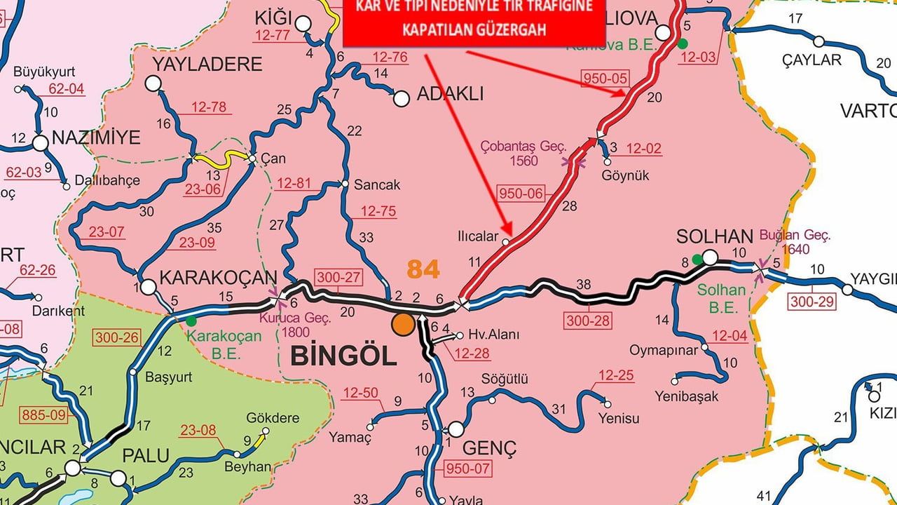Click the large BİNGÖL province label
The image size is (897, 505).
(343, 356)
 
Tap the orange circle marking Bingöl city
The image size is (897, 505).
(403, 325)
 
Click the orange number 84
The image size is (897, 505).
(423, 269)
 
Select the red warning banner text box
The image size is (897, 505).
(473, 20)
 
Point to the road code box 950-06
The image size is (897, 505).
(521, 193)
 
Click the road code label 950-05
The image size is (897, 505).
(605, 77)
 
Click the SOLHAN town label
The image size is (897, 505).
(714, 236)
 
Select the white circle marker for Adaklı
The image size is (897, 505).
(401, 99)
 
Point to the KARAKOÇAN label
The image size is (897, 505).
(218, 278)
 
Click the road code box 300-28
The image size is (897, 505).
(587, 321)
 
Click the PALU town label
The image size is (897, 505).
(146, 455)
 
